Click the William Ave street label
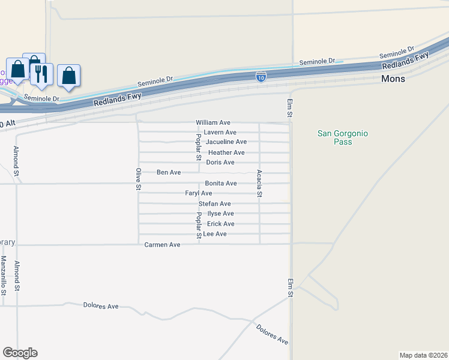click(x=213, y=122)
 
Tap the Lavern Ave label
click(x=220, y=132)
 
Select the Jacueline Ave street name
click(x=226, y=142)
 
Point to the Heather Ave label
click(x=226, y=152)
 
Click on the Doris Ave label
click(x=220, y=163)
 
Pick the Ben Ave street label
click(x=169, y=173)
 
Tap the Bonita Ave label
click(x=221, y=183)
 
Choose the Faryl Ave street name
click(x=199, y=193)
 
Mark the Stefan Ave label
click(x=215, y=204)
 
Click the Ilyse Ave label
click(x=220, y=214)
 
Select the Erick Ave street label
click(x=221, y=224)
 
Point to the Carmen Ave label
click(x=162, y=245)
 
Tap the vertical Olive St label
click(x=138, y=179)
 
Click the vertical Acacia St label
click(x=259, y=184)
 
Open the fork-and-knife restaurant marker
click(x=41, y=73)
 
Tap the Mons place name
click(x=393, y=79)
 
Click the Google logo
click(x=20, y=353)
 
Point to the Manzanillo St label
click(x=4, y=275)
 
